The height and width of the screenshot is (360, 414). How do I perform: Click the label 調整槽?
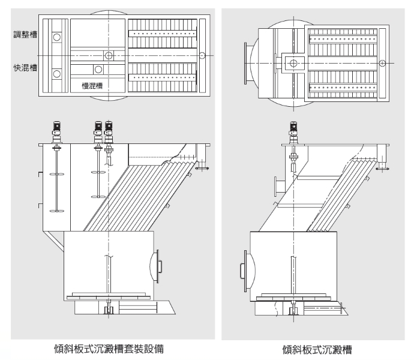(x=25, y=35)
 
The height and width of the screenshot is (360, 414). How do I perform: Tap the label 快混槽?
(x=25, y=68)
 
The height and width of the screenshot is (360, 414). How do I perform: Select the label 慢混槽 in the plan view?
(x=92, y=86)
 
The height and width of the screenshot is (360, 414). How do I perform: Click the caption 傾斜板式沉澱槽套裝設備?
(x=109, y=349)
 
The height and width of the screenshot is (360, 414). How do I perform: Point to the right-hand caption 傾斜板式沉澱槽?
(x=317, y=349)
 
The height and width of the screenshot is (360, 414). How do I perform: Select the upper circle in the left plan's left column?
(x=57, y=37)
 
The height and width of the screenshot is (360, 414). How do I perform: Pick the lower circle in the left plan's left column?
(x=57, y=74)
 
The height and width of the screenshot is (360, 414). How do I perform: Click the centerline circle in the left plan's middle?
(x=109, y=55)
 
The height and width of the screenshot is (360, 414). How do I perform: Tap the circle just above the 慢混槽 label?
(x=98, y=70)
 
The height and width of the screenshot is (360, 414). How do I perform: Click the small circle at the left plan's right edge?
(x=202, y=55)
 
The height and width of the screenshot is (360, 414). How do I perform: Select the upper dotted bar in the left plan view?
(x=163, y=34)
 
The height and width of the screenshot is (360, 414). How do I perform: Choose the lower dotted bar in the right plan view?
(x=343, y=88)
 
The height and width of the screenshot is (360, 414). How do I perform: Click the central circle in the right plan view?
(x=293, y=63)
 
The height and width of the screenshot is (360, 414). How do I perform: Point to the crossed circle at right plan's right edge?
(x=382, y=64)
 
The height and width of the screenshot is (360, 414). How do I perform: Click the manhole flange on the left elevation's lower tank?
(x=158, y=266)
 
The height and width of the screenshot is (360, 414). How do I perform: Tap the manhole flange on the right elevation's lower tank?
(x=246, y=271)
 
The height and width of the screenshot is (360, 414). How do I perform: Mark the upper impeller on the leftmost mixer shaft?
(x=57, y=174)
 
